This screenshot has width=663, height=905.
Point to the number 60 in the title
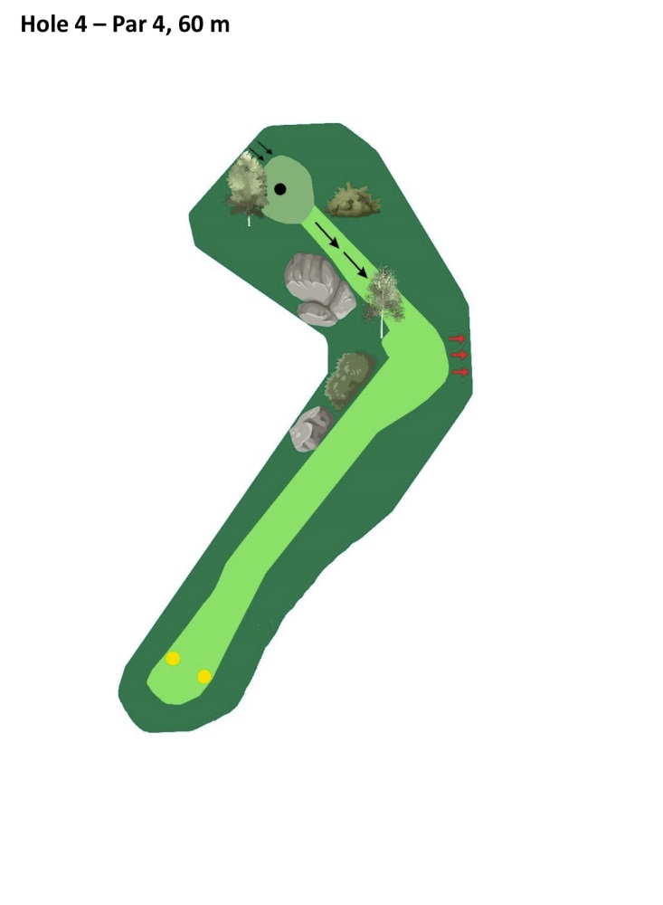tap(190, 24)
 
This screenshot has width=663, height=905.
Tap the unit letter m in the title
tap(219, 26)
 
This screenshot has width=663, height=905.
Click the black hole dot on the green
tap(279, 189)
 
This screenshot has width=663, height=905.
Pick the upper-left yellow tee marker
tap(173, 658)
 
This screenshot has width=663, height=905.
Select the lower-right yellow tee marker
tap(204, 676)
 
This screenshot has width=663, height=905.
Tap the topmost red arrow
tap(457, 338)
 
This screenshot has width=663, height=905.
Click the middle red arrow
tap(459, 355)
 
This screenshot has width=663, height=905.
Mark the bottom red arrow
tap(460, 372)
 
